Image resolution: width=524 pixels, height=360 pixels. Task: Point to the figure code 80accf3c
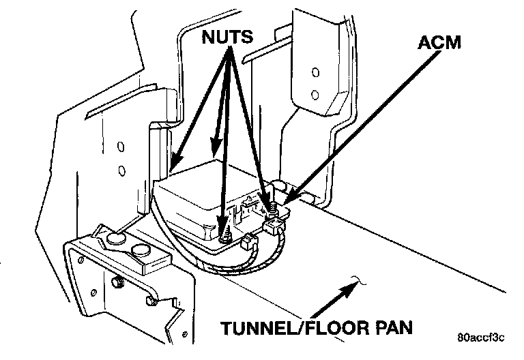pyautogui.click(x=480, y=337)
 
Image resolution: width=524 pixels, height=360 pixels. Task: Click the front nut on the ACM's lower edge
pyautogui.click(x=226, y=235)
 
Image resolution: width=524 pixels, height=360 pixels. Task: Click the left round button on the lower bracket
pyautogui.click(x=113, y=237)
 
